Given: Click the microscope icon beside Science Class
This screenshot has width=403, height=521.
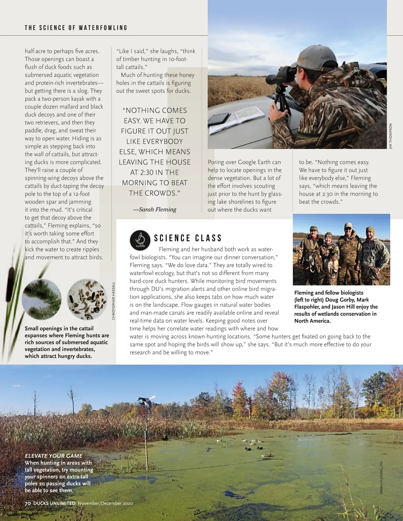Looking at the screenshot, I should tap(140, 240).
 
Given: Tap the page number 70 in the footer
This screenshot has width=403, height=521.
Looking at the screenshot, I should tap(28, 503).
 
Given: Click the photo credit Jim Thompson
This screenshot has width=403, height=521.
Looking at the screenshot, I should tap(390, 136).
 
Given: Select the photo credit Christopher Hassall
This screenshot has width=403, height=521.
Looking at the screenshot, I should tap(114, 301).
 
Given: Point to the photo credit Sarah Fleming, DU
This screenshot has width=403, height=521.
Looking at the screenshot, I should tap(381, 477).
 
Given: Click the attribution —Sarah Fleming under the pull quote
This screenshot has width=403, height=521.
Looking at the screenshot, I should tap(155, 209).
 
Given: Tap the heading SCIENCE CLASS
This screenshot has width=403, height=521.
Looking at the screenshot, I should tap(188, 238).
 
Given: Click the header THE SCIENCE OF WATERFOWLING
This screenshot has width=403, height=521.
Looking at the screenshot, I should tap(76, 28).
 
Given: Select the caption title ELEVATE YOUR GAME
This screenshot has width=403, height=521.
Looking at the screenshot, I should tap(54, 456).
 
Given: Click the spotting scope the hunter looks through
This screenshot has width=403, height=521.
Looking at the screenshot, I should tap(279, 75).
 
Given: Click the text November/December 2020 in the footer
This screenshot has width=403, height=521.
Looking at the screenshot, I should tap(105, 503).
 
